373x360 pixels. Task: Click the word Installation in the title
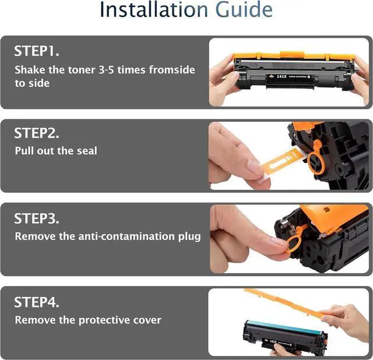click(154, 9)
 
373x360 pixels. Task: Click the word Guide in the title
click(244, 9)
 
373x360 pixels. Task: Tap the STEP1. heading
click(36, 51)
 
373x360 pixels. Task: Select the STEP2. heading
click(36, 133)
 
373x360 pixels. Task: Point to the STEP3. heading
click(36, 218)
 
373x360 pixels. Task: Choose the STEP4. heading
click(36, 302)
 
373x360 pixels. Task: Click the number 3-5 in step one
click(106, 70)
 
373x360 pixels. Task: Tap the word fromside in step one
click(172, 70)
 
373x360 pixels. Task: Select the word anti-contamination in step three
click(126, 237)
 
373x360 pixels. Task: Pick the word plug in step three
click(189, 237)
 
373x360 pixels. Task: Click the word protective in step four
click(104, 320)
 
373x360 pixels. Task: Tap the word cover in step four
click(147, 320)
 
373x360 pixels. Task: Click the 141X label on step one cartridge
click(281, 76)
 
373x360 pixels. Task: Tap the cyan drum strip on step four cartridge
click(284, 327)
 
